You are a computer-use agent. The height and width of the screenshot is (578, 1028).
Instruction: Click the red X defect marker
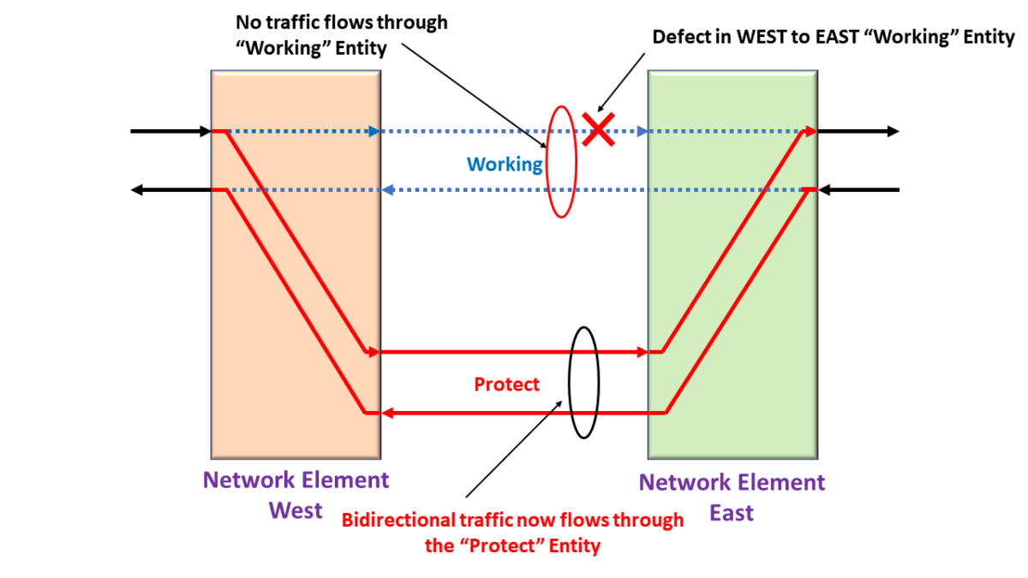coord(598,129)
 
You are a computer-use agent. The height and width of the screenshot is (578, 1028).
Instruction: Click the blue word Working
coord(505,164)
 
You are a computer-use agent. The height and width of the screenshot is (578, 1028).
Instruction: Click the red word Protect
coord(507,384)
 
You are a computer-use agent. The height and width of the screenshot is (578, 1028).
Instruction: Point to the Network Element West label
coord(296,495)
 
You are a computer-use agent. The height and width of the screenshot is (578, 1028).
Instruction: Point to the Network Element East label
coord(732,497)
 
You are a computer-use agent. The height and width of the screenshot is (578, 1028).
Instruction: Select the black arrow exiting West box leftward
coord(170,190)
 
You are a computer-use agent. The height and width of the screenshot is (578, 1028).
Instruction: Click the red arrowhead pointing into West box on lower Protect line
coord(387,414)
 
